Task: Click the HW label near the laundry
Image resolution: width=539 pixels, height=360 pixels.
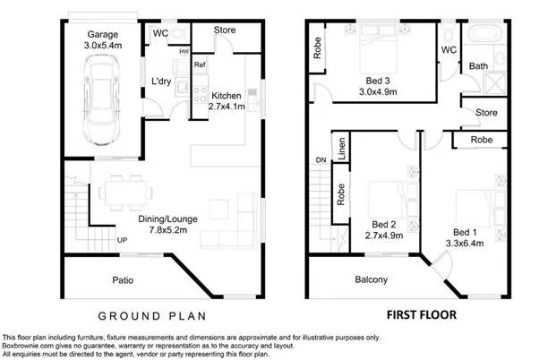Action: point(184,52)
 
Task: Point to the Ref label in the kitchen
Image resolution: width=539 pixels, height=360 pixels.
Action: point(200,65)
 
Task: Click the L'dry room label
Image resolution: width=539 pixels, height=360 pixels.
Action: point(161,81)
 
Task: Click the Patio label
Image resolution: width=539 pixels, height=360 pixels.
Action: point(123,280)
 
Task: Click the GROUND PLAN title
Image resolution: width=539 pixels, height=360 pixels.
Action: point(152,315)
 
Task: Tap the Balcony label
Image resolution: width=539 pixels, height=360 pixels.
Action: point(370,280)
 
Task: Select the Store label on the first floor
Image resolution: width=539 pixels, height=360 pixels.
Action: point(486,113)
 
